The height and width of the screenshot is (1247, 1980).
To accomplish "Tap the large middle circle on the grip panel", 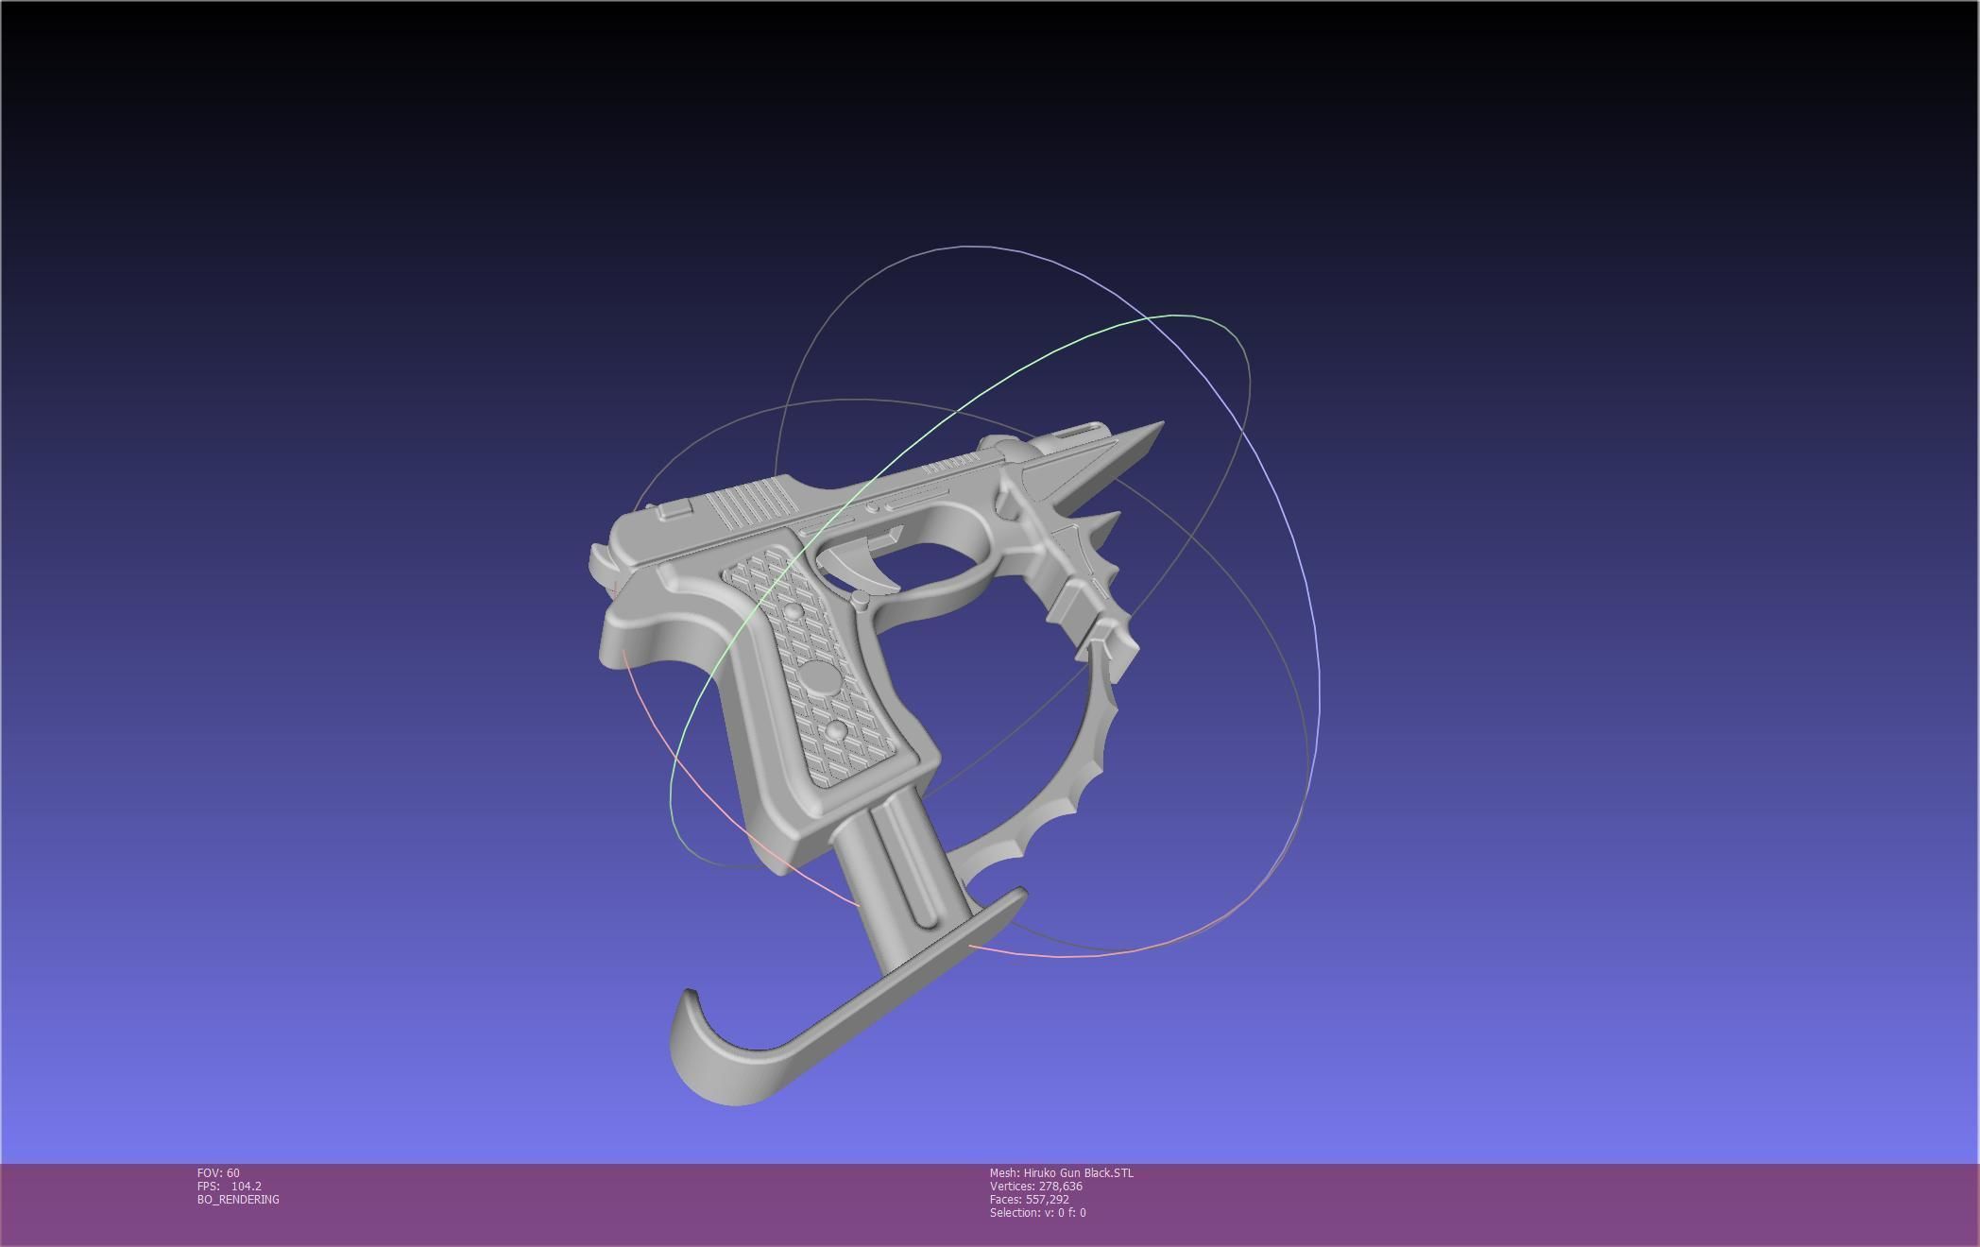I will pos(818,676).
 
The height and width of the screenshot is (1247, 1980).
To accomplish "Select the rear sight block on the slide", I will pos(674,510).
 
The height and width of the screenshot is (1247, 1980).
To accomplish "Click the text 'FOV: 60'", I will pos(218,1173).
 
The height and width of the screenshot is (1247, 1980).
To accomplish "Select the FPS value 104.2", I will pos(246,1187).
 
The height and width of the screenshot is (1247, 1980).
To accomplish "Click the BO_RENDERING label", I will pos(238,1200).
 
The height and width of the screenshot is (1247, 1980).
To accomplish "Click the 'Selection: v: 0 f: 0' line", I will pos(1037,1213).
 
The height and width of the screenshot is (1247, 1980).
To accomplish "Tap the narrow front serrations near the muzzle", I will pos(952,463).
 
